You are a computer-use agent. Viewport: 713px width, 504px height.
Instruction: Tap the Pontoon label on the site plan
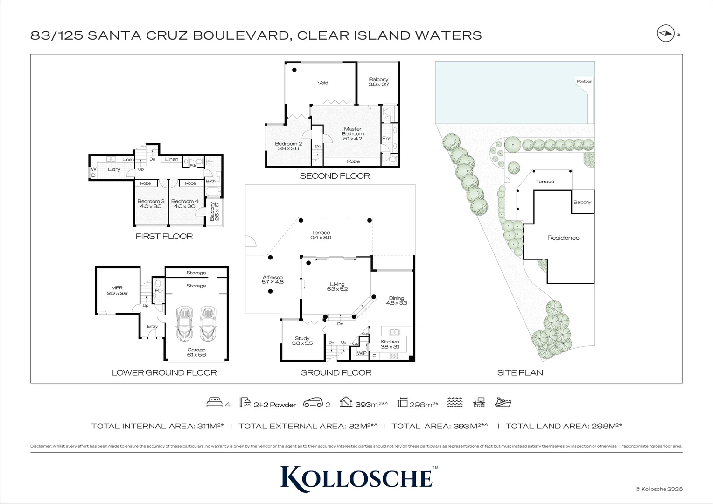point(584,81)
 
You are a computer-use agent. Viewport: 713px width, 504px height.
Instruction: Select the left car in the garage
point(184,324)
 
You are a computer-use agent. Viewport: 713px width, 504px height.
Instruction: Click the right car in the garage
point(208,324)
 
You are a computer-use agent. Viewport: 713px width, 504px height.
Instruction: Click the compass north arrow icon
point(664,34)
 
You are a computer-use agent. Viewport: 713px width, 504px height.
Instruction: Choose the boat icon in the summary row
point(503,403)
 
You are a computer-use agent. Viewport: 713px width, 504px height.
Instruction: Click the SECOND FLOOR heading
point(335,176)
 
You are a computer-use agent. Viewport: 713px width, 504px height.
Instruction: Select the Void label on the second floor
point(322,83)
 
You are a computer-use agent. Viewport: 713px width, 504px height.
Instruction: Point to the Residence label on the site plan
point(563,238)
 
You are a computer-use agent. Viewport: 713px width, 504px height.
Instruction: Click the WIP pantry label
point(362,353)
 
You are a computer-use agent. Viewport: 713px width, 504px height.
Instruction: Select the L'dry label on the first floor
point(114,169)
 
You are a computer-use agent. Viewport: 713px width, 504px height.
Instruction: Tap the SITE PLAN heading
point(520,372)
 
